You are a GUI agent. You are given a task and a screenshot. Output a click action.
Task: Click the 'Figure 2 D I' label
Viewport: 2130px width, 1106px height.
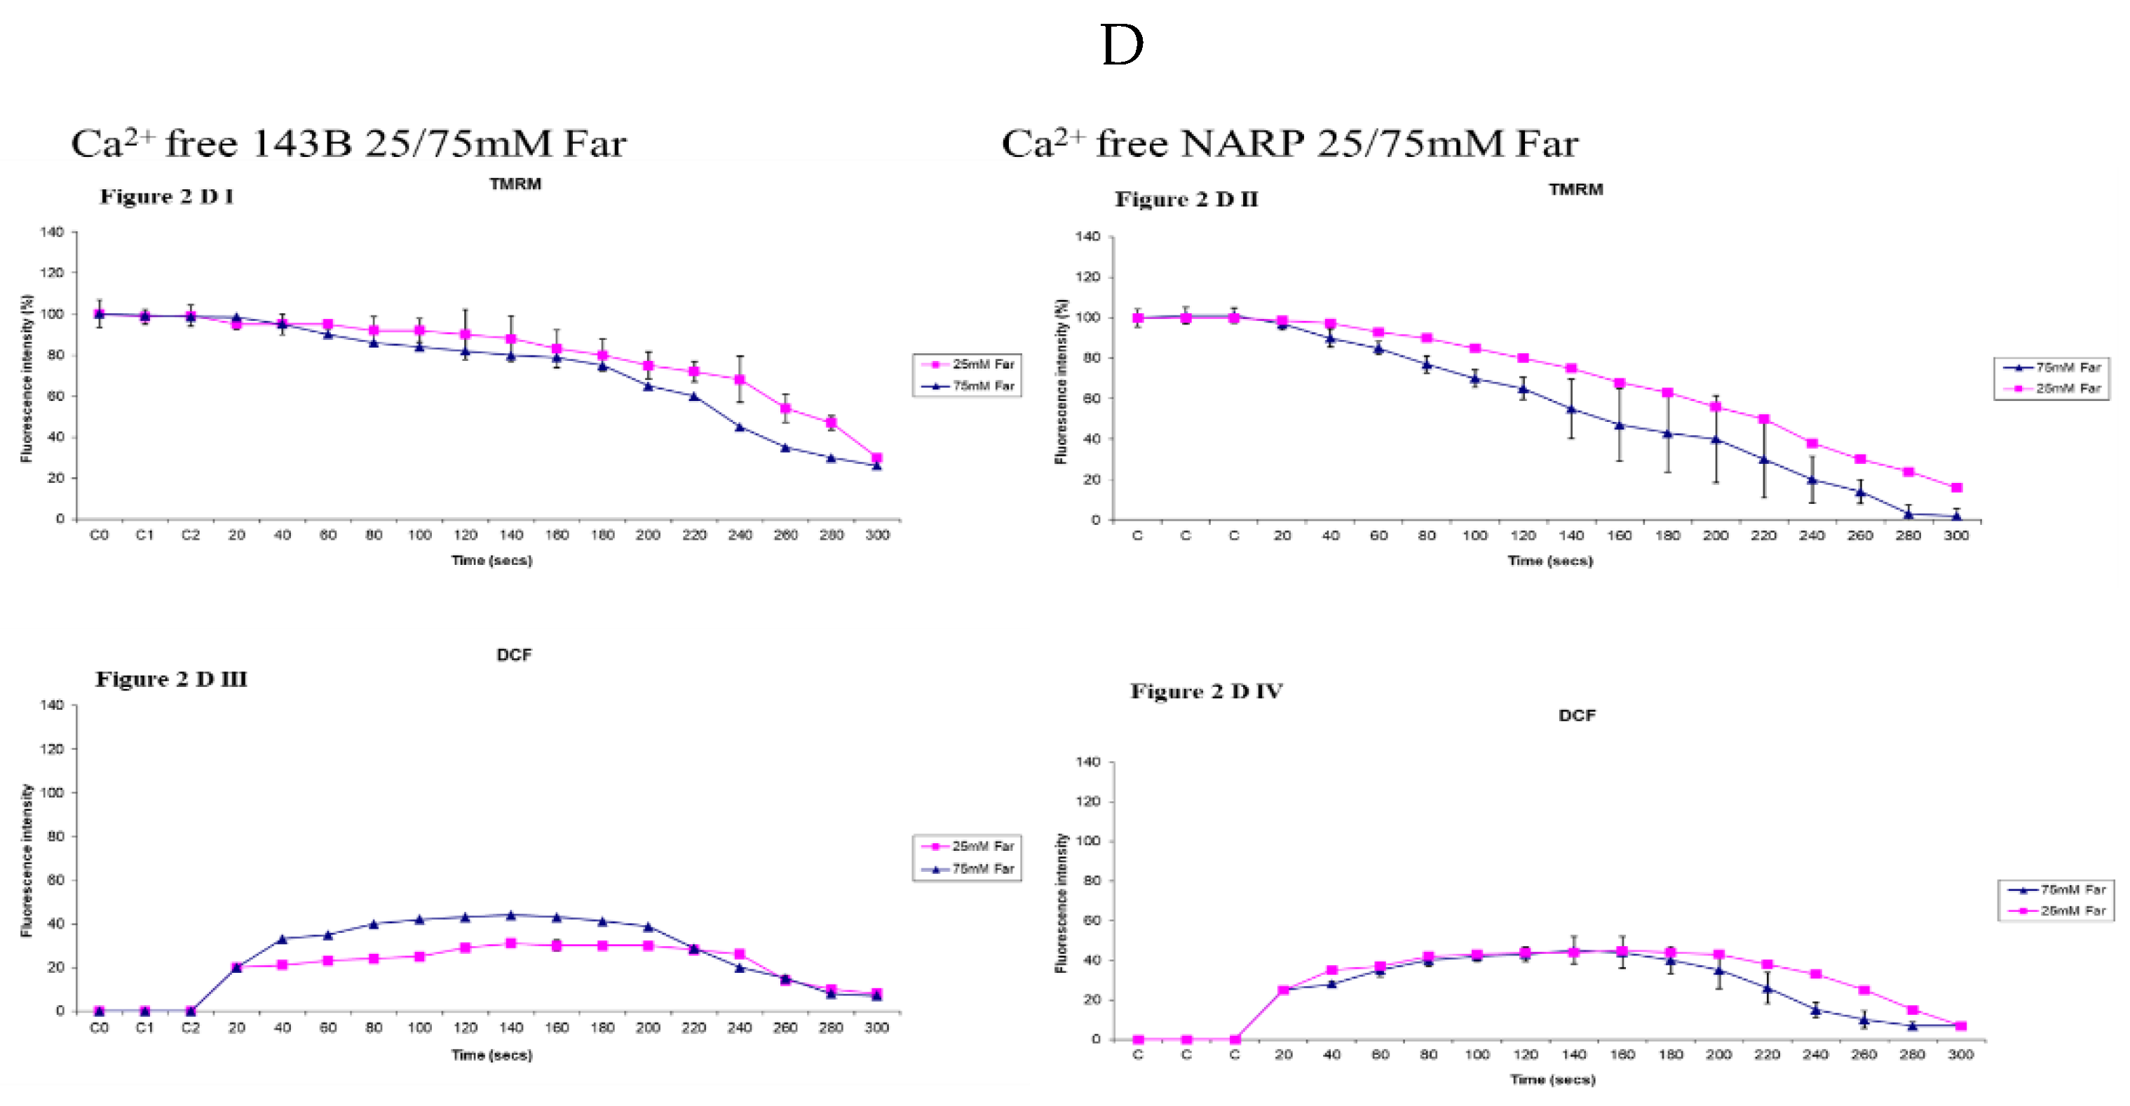point(167,197)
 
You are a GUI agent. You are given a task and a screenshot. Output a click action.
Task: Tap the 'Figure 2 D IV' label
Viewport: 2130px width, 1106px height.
point(1207,691)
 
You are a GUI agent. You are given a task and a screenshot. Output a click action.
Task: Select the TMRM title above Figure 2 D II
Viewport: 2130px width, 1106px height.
point(1575,189)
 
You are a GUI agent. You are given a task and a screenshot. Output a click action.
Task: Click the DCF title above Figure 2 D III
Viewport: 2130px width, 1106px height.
point(513,655)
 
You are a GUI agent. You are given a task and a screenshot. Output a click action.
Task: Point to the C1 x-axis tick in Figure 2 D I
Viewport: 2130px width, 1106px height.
point(144,535)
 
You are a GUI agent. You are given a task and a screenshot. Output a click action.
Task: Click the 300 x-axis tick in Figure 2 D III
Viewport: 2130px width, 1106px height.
point(876,1028)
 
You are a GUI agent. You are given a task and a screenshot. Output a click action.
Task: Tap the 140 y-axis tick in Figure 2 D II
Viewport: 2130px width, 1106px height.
point(1087,236)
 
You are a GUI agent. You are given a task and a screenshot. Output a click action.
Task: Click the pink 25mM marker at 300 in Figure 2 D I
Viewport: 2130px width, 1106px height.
point(876,457)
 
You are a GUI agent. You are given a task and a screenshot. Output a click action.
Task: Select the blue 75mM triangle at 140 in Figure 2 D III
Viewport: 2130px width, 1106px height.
point(511,915)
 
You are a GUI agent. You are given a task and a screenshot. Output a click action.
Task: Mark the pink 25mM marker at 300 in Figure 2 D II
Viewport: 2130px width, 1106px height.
point(1956,488)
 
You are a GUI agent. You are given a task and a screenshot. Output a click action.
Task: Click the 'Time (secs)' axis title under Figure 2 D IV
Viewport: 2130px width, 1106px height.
point(1553,1079)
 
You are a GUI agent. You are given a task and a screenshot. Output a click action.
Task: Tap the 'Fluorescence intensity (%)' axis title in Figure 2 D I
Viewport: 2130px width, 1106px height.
point(27,378)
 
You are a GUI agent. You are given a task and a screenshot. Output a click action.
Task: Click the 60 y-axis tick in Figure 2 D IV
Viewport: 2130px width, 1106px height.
point(1092,920)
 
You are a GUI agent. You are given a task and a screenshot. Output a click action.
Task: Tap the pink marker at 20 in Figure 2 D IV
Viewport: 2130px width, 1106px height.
point(1283,990)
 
